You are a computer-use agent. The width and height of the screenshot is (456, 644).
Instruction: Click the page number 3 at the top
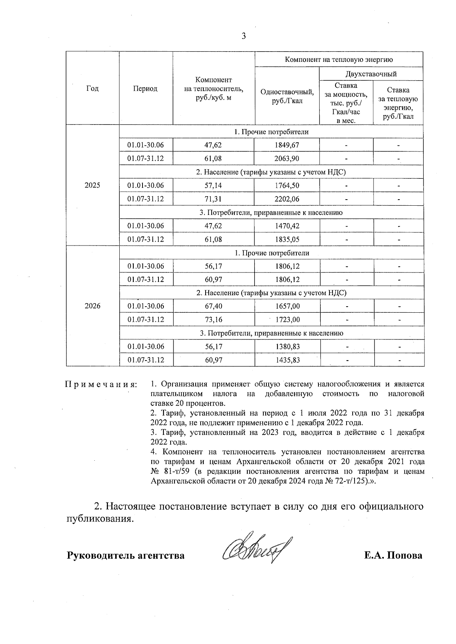[x=244, y=36]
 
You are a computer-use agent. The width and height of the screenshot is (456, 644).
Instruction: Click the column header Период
[x=145, y=88]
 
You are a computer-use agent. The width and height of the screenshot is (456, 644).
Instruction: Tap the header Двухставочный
[x=371, y=74]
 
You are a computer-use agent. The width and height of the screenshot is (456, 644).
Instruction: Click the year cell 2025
[x=92, y=186]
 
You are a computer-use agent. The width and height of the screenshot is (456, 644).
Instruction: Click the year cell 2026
[x=92, y=306]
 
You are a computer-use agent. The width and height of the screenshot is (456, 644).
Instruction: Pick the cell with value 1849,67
[x=287, y=145]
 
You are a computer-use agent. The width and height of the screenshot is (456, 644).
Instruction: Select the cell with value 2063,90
[x=287, y=158]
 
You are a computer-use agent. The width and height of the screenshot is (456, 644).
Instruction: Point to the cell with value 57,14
[x=213, y=186]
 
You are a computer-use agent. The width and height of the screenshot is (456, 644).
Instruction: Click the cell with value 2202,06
[x=287, y=199]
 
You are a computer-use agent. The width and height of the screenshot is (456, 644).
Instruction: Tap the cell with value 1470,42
[x=287, y=226]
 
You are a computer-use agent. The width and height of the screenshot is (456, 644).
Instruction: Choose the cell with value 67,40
[x=213, y=306]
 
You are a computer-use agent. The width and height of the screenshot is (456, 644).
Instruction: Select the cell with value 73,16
[x=213, y=320]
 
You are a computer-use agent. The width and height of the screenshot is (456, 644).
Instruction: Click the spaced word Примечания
[x=101, y=384]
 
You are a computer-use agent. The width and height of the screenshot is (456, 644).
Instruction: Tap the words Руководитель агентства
[x=126, y=556]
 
